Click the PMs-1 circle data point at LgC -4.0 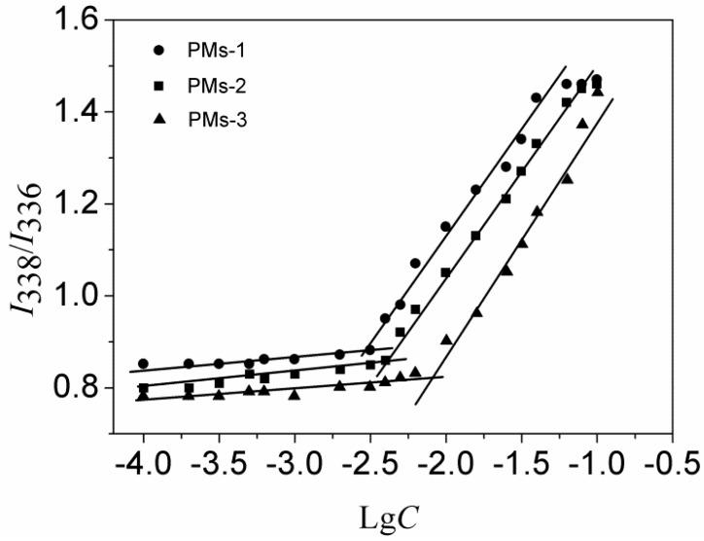click(x=143, y=364)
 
